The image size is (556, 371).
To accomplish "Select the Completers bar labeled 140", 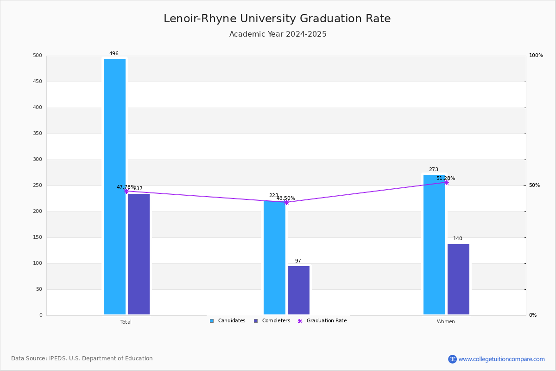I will pyautogui.click(x=458, y=279).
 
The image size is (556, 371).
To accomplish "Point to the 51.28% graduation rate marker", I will pyautogui.click(x=446, y=182).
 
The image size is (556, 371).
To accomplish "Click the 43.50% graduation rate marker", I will pyautogui.click(x=286, y=202).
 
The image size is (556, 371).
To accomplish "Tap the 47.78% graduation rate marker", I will pyautogui.click(x=126, y=191).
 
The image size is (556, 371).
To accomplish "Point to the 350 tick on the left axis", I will pyautogui.click(x=37, y=134).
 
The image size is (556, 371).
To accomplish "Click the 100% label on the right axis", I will pyautogui.click(x=536, y=56).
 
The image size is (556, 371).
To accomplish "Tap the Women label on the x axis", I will pyautogui.click(x=446, y=322).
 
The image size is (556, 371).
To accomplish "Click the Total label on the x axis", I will pyautogui.click(x=126, y=322).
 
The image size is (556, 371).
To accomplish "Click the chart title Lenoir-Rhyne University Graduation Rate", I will pyautogui.click(x=277, y=19).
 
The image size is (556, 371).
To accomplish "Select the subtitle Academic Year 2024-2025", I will pyautogui.click(x=278, y=34).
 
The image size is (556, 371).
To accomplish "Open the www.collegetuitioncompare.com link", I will pyautogui.click(x=501, y=359).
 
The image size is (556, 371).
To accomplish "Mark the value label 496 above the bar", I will pyautogui.click(x=114, y=54).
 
